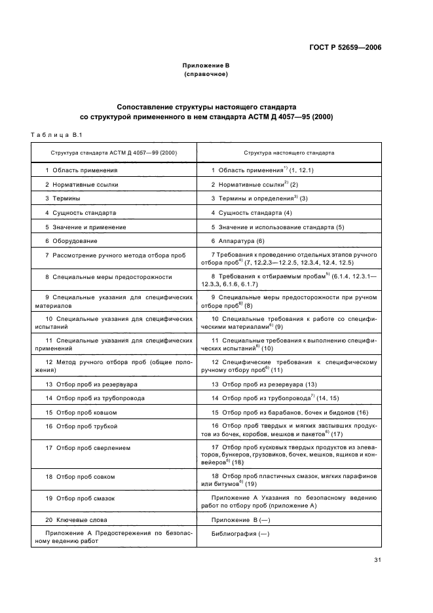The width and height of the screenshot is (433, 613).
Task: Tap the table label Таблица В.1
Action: (55, 135)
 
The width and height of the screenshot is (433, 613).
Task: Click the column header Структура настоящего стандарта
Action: (289, 153)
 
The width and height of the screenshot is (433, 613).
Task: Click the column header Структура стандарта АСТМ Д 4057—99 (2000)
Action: (114, 153)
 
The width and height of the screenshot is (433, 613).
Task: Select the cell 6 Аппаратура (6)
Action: (238, 241)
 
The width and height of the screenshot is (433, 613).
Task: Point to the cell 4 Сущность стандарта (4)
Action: (252, 212)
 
